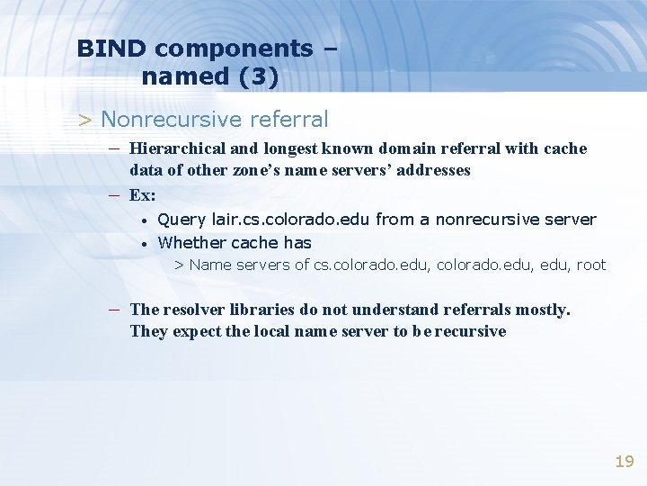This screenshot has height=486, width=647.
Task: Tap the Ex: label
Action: tap(142, 195)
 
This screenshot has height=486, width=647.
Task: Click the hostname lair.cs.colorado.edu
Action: tap(291, 220)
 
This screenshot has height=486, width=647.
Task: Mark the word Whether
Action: tap(191, 242)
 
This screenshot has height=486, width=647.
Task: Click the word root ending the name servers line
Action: tap(590, 265)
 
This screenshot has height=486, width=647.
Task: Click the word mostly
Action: tap(541, 310)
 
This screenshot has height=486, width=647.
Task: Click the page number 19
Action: tap(624, 462)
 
